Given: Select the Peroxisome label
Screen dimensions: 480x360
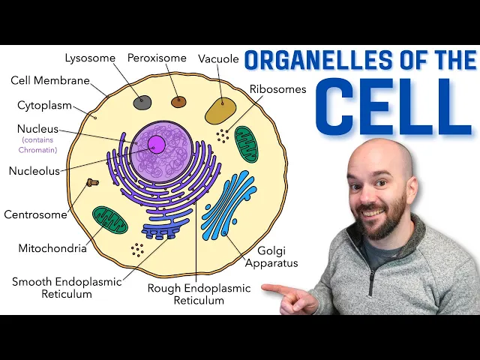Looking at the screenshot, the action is click(157, 57).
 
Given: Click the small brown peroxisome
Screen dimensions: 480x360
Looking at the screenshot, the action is click(178, 102).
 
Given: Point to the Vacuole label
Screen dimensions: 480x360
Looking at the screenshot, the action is click(218, 58).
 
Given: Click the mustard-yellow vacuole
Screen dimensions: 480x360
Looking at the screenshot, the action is click(220, 110).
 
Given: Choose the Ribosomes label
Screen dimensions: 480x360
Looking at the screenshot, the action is click(277, 88).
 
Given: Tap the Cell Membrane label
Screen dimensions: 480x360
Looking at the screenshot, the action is click(50, 80).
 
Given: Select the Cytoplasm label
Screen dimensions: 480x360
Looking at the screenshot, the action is click(45, 105).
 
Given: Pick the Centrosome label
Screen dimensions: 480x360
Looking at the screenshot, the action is click(35, 214).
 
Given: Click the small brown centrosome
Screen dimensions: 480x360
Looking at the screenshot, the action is click(93, 182).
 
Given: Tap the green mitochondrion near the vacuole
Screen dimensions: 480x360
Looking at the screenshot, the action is click(246, 143).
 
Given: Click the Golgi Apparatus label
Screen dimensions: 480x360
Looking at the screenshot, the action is click(271, 256).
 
